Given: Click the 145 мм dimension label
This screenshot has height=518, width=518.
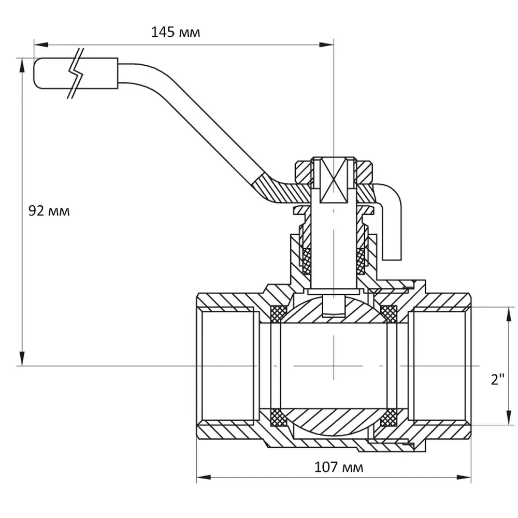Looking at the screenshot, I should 175,33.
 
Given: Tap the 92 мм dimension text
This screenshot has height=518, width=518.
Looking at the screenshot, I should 49,211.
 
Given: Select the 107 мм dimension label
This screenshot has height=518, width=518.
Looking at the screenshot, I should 339,467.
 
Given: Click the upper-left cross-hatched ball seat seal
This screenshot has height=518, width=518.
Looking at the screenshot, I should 279,313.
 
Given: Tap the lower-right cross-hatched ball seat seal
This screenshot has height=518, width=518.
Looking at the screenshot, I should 388,418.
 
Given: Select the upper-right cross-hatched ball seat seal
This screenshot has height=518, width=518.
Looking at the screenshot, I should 388,313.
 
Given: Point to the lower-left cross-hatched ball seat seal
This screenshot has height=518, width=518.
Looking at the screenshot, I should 279,418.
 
